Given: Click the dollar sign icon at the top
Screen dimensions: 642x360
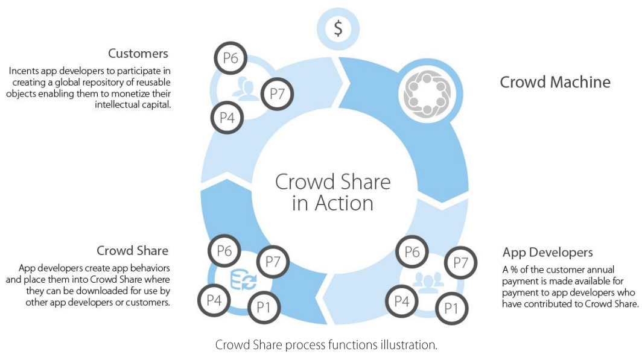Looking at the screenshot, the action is [x=338, y=28].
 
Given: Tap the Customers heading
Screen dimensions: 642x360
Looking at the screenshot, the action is [x=138, y=54].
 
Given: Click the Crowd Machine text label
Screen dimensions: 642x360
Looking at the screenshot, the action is [x=555, y=82].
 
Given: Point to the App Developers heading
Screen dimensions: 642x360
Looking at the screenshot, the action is [x=547, y=253].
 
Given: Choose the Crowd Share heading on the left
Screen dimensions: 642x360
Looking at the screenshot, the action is [x=132, y=250].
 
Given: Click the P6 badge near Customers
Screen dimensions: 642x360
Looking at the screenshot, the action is [x=230, y=58].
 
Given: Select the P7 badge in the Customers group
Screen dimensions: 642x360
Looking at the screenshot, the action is [x=277, y=93].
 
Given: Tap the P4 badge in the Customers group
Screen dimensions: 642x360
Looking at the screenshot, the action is [x=227, y=118].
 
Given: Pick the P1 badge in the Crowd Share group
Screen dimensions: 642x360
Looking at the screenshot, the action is [x=264, y=307].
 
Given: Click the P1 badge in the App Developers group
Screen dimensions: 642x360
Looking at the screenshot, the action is [x=451, y=308].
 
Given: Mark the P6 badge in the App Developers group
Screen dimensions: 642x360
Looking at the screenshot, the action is [x=412, y=252].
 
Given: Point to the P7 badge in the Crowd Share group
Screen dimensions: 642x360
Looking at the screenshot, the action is [x=273, y=262].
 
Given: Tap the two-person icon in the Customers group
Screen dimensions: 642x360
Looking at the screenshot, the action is [x=245, y=89].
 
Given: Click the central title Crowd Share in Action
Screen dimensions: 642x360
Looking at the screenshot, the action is [x=332, y=192].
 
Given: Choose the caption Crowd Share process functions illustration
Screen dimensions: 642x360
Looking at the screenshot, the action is [x=326, y=345].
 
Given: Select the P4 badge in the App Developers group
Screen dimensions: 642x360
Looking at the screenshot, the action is [x=402, y=302].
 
